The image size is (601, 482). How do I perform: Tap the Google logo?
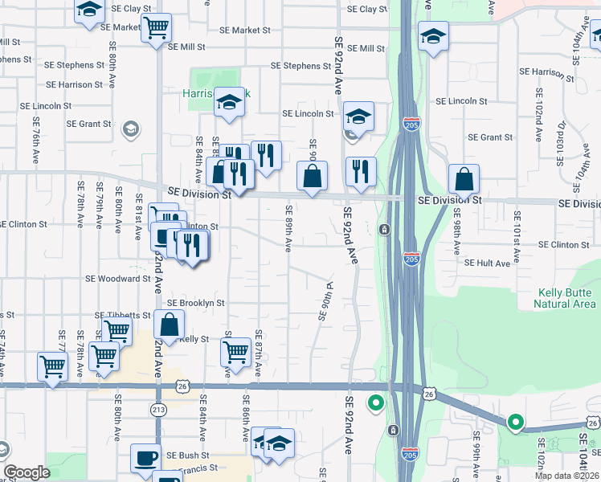point(27,472)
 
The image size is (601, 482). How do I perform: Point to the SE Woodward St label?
point(119,279)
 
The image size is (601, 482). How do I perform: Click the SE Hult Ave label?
point(487,263)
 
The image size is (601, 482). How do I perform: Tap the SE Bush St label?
point(188,455)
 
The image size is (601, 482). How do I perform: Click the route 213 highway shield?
point(157,410)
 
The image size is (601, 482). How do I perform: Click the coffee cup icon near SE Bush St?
point(145,457)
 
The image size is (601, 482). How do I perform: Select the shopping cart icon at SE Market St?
point(156,28)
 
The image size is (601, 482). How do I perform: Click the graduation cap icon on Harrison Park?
point(229,102)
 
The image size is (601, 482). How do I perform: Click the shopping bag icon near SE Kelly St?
point(170,325)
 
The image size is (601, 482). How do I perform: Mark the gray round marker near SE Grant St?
point(129,129)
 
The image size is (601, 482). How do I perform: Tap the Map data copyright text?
point(566,476)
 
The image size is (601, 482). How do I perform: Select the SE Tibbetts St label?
point(123,316)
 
